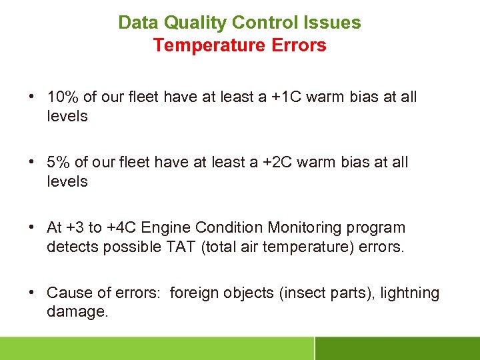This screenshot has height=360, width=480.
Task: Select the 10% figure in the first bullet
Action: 63,97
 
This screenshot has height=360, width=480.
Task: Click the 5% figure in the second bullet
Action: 58,162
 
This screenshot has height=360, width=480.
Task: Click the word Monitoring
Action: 313,227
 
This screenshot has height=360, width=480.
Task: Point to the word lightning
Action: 410,293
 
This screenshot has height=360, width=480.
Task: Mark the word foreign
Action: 193,293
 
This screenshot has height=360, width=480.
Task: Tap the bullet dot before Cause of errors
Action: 32,293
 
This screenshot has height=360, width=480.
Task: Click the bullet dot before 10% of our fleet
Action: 32,97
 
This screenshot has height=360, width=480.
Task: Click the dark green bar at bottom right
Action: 397,348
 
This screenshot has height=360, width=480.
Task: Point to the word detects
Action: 69,246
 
